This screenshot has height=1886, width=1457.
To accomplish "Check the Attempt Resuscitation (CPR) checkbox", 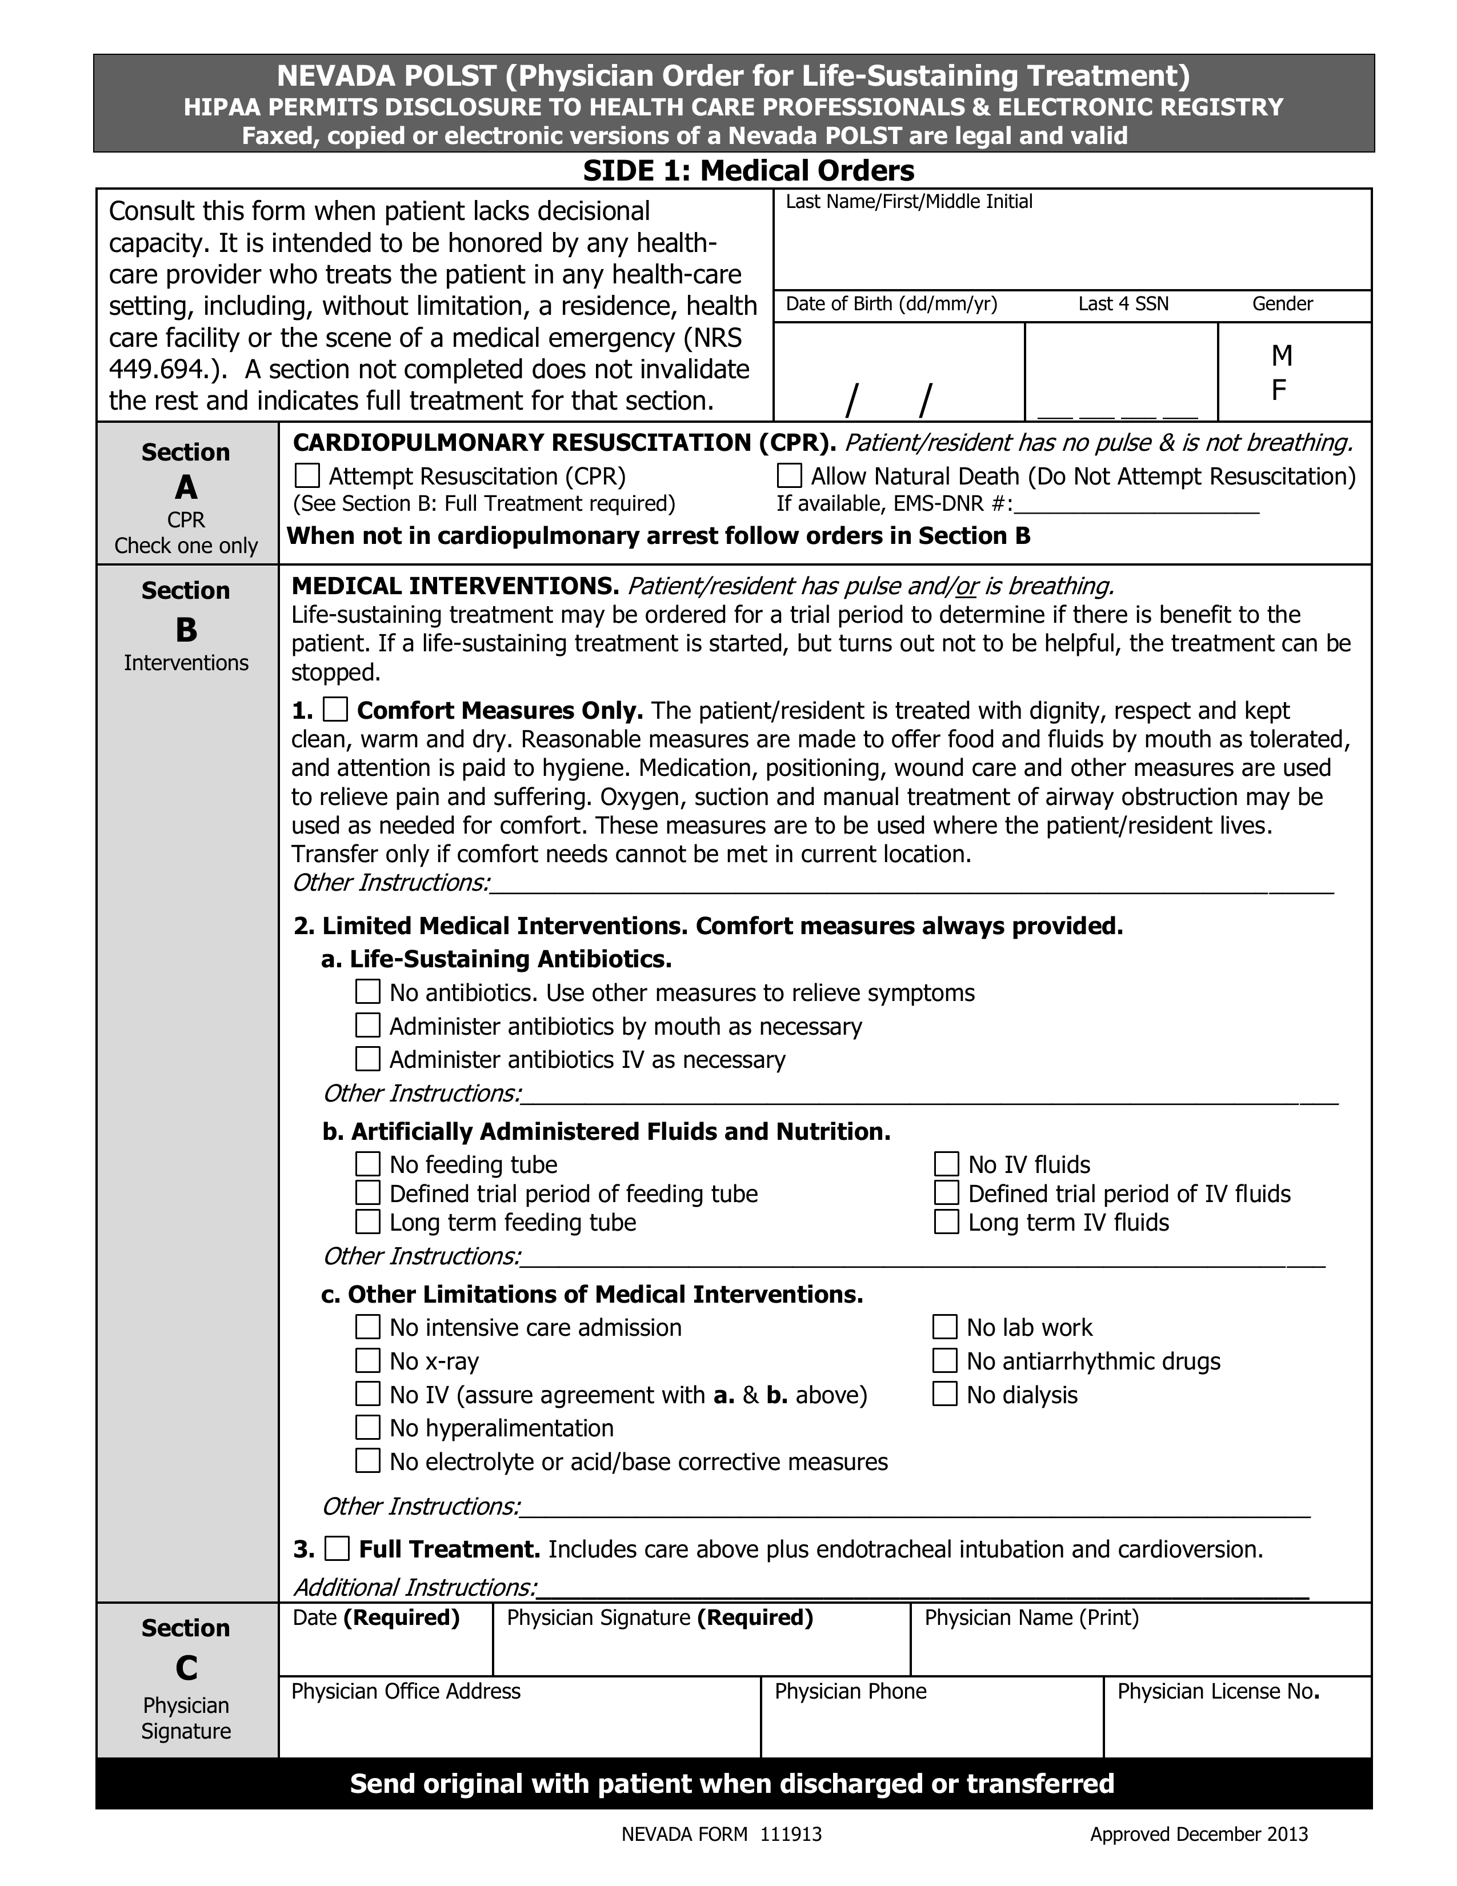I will tap(307, 476).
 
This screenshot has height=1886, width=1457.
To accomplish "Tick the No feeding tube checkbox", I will tap(368, 1164).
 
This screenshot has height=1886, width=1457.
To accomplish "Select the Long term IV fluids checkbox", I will tap(947, 1222).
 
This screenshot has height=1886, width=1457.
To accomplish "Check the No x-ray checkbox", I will tap(368, 1361).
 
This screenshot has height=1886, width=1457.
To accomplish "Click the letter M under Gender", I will tap(1282, 355).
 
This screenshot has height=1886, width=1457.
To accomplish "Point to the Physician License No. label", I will tap(1217, 1691).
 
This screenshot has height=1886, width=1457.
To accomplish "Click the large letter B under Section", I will tap(186, 630).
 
